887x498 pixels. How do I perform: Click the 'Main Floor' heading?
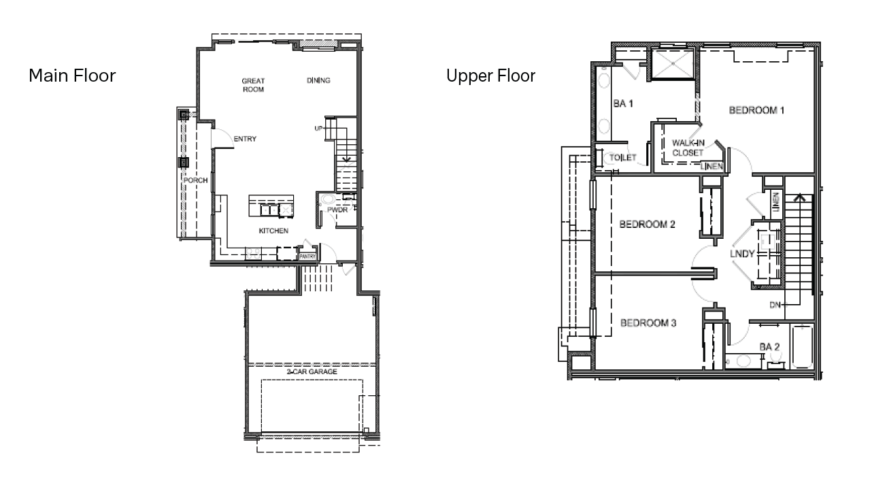click(72, 76)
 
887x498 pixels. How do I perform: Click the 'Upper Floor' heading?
click(490, 76)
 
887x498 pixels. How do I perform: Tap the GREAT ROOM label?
click(253, 85)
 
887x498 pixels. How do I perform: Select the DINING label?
click(318, 80)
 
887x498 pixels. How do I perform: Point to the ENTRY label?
click(245, 139)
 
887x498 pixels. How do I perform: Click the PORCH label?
click(195, 180)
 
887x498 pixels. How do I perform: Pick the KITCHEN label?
click(273, 231)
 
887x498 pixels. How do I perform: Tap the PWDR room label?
click(337, 210)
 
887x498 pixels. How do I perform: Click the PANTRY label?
click(308, 256)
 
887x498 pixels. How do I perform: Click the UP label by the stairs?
click(318, 128)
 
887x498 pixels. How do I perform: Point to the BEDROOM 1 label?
click(756, 110)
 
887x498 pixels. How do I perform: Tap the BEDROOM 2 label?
click(647, 225)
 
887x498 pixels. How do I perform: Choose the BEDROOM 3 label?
click(648, 323)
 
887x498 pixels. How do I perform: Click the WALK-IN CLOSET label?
click(688, 148)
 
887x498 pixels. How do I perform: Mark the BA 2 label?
click(769, 347)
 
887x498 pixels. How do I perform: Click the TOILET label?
click(623, 158)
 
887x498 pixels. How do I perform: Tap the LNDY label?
click(742, 254)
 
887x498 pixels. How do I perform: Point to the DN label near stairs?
click(775, 305)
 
